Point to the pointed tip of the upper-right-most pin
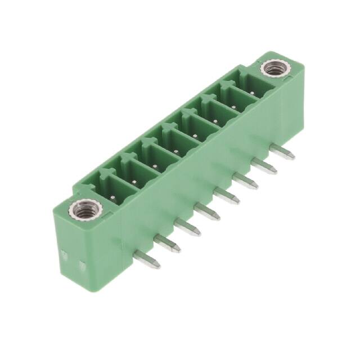click(292, 156)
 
